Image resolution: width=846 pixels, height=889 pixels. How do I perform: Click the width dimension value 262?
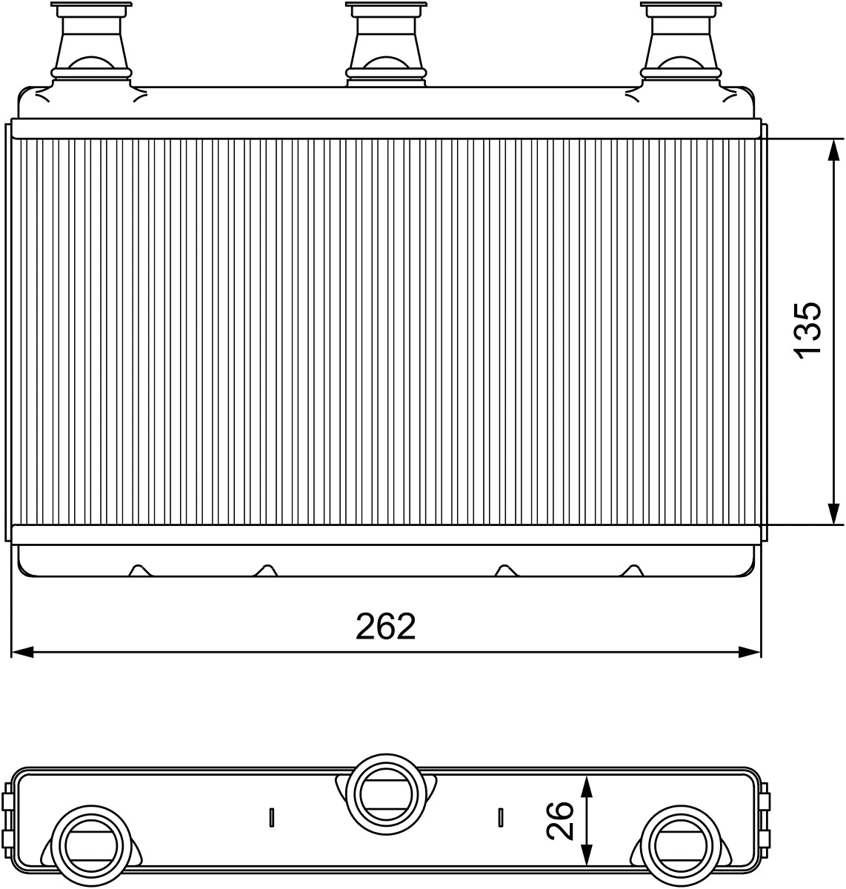386,627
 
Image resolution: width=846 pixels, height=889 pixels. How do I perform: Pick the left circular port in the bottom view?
90,844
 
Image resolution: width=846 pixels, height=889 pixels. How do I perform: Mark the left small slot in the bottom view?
272,817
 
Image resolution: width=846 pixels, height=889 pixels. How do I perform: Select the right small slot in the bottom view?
501,817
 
